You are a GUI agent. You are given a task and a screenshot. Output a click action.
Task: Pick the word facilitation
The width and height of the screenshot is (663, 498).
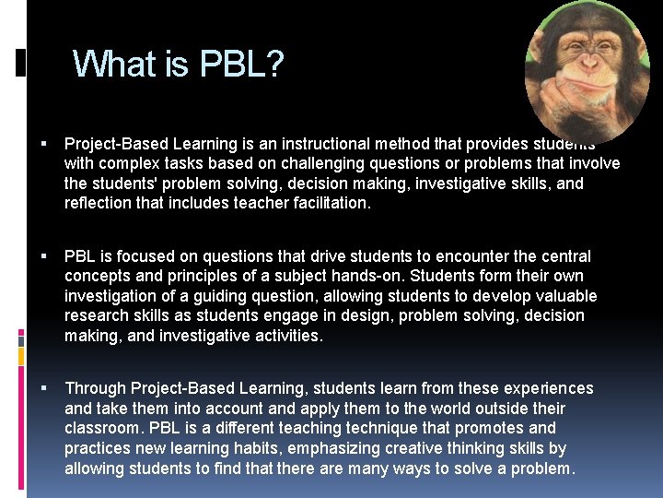point(324,203)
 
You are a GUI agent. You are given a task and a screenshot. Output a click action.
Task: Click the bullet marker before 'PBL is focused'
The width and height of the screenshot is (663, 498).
point(44,256)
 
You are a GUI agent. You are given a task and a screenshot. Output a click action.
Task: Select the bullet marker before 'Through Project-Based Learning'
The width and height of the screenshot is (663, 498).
point(44,388)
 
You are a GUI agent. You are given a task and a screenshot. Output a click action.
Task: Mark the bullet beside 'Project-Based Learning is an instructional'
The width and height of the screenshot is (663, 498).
point(44,144)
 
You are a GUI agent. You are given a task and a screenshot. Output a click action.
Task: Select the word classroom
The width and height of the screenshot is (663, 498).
point(101,428)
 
